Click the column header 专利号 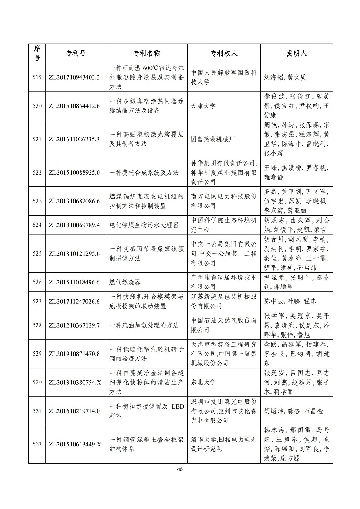(x=74, y=53)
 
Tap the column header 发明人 (x=297, y=53)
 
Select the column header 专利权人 (x=224, y=53)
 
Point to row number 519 (x=37, y=77)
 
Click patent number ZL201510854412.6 (x=74, y=106)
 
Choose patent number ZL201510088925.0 (x=74, y=172)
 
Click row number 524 (x=37, y=225)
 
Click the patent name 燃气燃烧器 (x=125, y=282)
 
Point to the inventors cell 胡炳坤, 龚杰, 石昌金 (x=293, y=411)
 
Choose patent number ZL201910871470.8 (x=74, y=354)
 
